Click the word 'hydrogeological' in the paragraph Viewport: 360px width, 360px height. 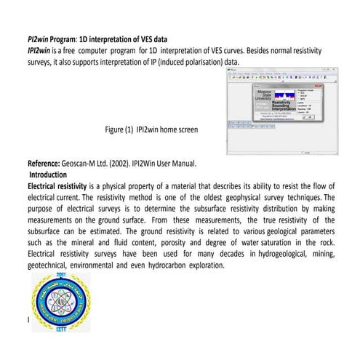266,254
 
